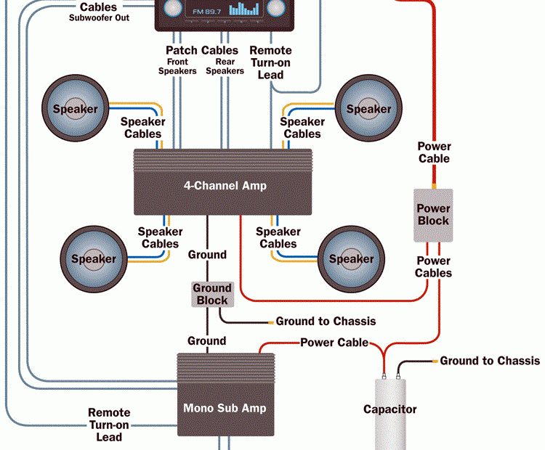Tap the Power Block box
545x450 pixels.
click(x=433, y=215)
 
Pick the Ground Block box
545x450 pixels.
click(x=211, y=294)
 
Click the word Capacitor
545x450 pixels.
click(x=390, y=409)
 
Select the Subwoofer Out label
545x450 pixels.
click(x=100, y=17)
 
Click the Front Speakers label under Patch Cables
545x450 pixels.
click(x=177, y=67)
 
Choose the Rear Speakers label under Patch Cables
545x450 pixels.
click(x=225, y=67)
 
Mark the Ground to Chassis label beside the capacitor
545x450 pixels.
click(x=490, y=361)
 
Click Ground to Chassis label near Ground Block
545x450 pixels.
click(x=326, y=321)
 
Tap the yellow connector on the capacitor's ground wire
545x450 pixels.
click(x=435, y=361)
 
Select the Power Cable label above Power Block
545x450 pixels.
click(x=434, y=152)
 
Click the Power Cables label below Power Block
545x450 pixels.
click(x=433, y=266)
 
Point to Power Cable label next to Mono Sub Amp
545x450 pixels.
click(x=334, y=342)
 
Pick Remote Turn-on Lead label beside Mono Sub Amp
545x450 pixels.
click(x=109, y=425)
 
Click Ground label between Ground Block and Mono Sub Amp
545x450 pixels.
click(x=207, y=340)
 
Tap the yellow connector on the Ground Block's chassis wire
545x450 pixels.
click(x=270, y=322)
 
